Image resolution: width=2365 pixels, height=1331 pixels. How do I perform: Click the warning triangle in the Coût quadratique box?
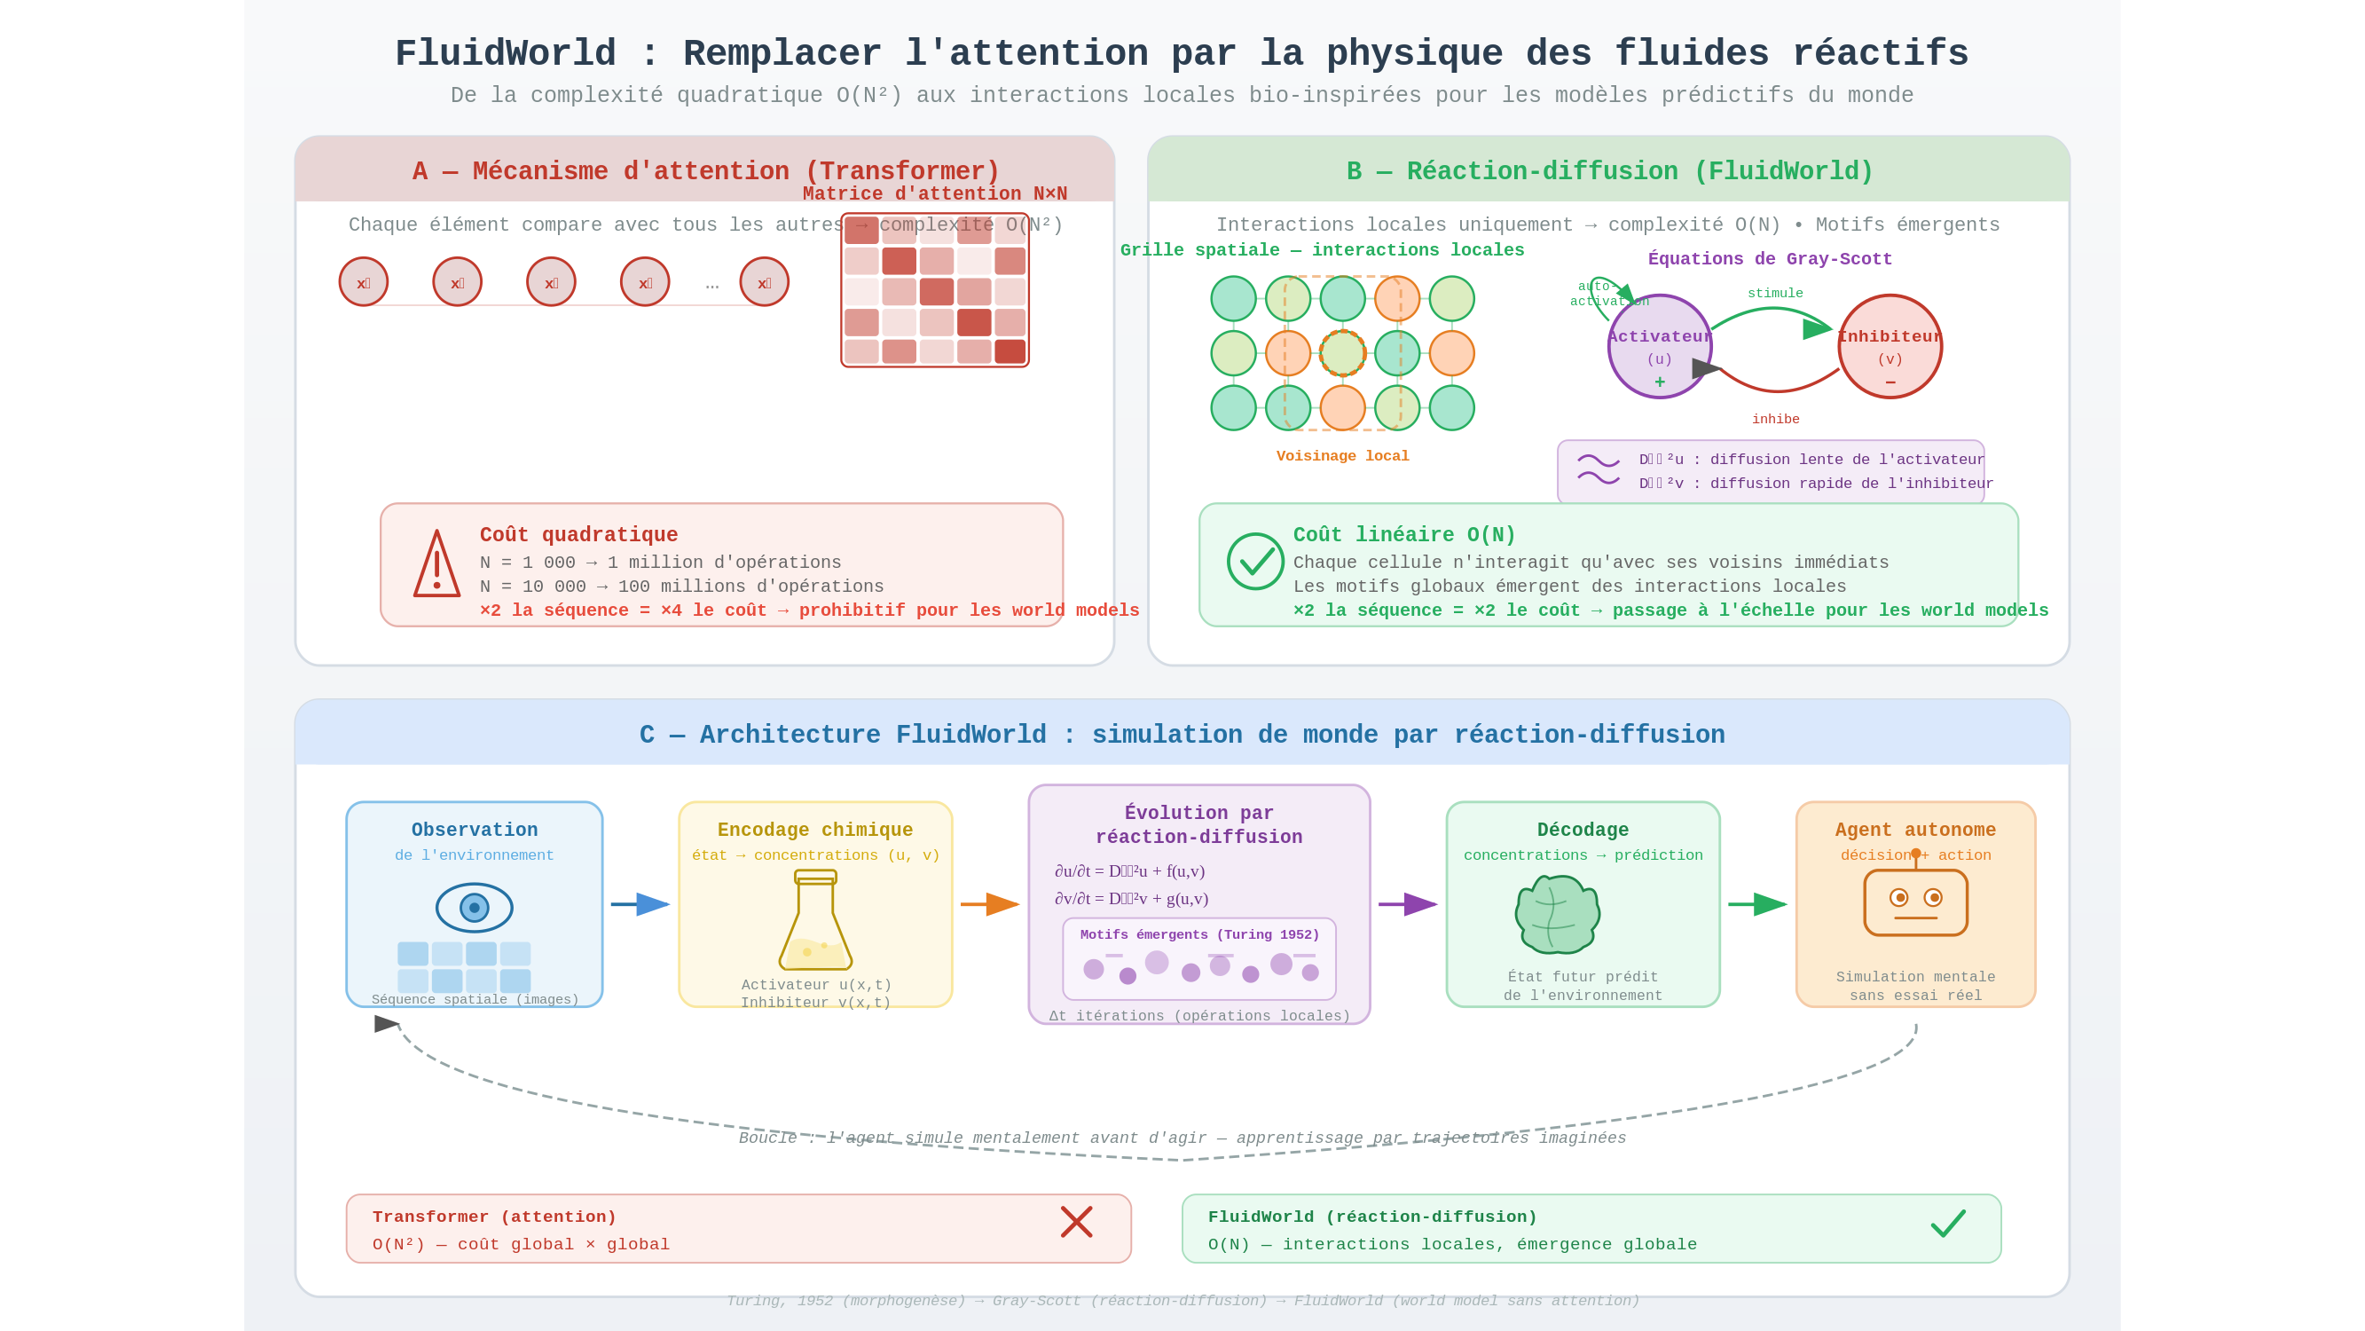[436, 565]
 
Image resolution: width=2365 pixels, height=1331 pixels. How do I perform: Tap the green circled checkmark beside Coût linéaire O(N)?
[1255, 562]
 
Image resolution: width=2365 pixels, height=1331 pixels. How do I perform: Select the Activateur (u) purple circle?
[1659, 346]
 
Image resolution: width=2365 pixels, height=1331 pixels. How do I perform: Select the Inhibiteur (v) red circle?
[1890, 346]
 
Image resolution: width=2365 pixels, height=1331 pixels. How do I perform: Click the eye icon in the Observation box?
[474, 908]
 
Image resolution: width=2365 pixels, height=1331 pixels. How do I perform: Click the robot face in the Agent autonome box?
[1915, 902]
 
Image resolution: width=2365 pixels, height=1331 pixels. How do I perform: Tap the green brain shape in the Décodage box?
[1557, 915]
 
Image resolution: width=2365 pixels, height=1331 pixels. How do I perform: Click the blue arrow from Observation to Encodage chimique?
[640, 904]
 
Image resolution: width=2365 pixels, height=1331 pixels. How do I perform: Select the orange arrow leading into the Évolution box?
[990, 904]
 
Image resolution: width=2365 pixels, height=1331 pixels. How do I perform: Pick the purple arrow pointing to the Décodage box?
[1408, 904]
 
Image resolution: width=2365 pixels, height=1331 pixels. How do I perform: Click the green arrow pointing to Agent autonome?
[1757, 904]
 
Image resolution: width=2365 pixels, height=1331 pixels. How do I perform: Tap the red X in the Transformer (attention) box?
[1076, 1222]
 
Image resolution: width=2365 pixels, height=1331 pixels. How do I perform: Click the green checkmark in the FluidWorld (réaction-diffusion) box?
[1947, 1223]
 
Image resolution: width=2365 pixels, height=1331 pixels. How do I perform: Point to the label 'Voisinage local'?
[1342, 455]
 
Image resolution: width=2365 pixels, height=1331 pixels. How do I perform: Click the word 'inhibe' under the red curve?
[1775, 419]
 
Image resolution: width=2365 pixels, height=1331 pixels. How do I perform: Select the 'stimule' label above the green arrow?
[1775, 293]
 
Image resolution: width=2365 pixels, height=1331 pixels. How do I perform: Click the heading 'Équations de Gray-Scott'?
[1769, 259]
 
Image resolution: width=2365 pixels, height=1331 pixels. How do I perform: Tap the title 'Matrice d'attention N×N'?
[935, 193]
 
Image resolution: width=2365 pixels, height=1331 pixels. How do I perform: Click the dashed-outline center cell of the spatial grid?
[1342, 354]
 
